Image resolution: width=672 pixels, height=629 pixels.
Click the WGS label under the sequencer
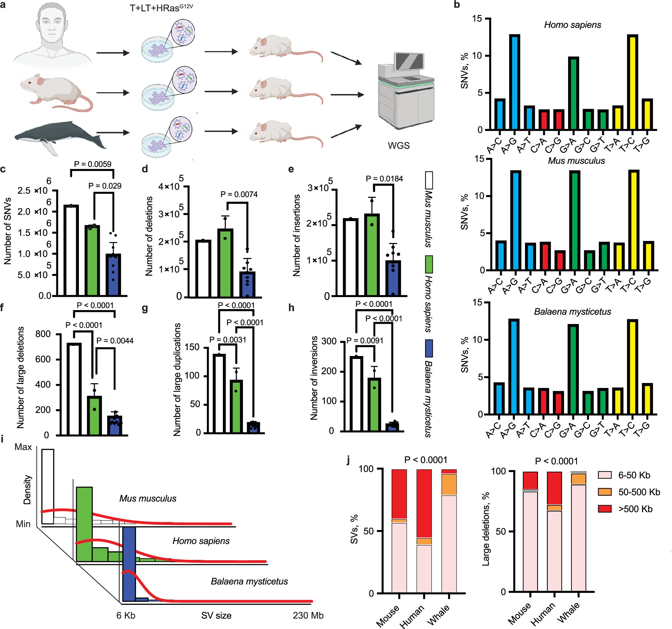click(399, 146)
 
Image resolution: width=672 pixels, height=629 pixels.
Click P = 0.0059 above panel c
click(92, 164)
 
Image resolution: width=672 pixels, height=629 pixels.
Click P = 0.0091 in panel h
click(365, 340)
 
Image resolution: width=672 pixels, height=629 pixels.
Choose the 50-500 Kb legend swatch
click(605, 492)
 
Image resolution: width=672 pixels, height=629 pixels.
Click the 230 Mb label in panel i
click(308, 615)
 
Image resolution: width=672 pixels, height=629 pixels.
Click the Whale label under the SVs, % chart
click(438, 615)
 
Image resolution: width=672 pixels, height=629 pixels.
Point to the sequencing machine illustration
click(405, 91)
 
